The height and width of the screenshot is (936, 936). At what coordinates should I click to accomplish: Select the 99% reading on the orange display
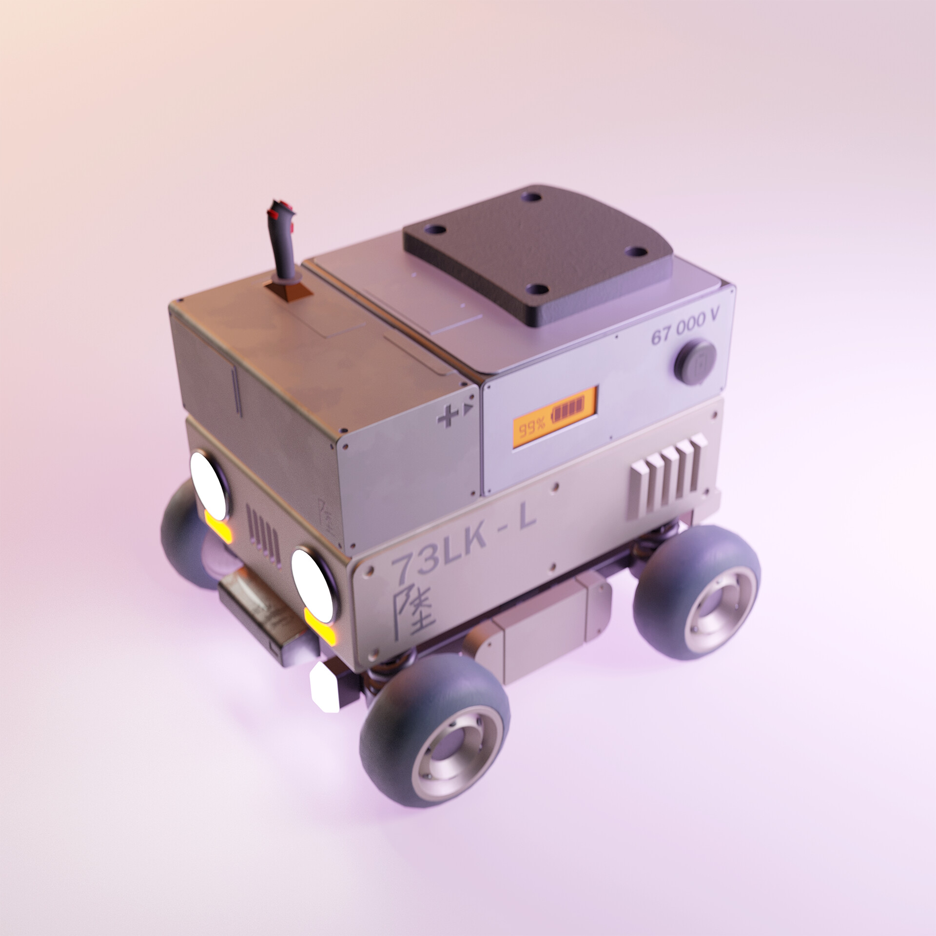tap(532, 429)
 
